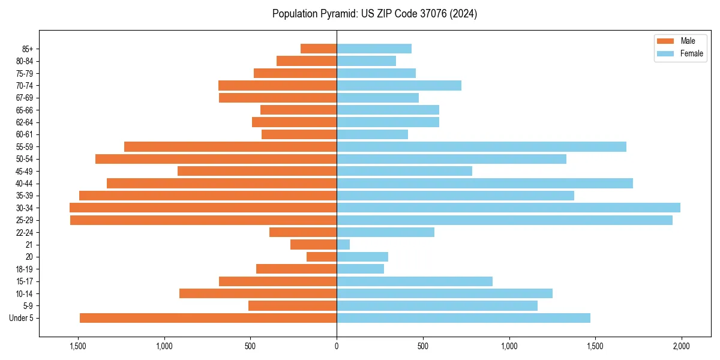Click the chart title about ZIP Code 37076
click(374, 14)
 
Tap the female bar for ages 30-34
click(508, 208)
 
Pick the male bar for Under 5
click(208, 318)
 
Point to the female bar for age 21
click(343, 244)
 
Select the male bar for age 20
click(322, 257)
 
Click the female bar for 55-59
click(481, 146)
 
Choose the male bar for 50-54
click(216, 159)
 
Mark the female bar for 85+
click(374, 49)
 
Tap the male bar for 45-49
click(257, 171)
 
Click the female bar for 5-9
click(437, 305)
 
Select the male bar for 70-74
click(277, 85)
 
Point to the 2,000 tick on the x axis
click(681, 346)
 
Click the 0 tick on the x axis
click(337, 346)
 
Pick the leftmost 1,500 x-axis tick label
click(78, 346)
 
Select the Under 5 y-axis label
click(21, 318)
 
